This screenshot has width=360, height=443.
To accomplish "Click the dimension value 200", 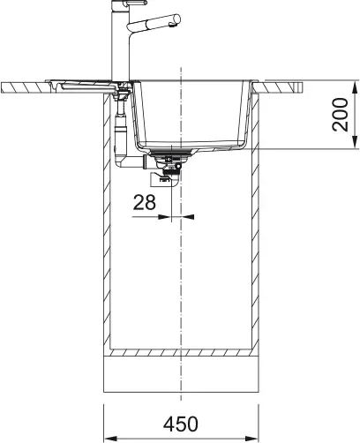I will click(341, 114).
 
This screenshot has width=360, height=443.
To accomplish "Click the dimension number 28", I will click(145, 202).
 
